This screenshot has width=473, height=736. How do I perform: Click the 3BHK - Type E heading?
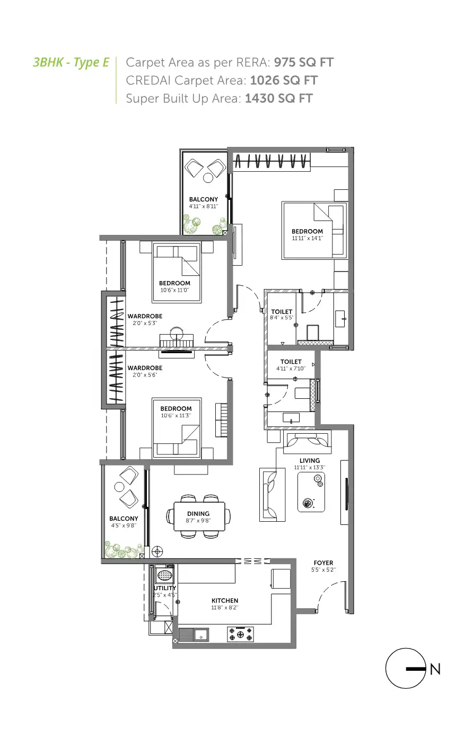coord(71,63)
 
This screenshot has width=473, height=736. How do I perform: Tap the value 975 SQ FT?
coord(304,63)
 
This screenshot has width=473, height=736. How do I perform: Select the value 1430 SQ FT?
coord(279,98)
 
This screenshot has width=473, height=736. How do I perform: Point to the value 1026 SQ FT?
coord(284,81)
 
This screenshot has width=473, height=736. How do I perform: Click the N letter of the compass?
coord(435,669)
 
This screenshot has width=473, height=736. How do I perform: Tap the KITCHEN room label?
coord(225,600)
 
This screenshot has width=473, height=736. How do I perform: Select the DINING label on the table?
coord(198,513)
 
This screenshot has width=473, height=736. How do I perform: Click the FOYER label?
coord(323,563)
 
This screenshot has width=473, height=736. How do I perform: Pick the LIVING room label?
coord(310,460)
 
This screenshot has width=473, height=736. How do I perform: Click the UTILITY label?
coord(165,588)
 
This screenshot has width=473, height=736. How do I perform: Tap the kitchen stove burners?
coord(240,634)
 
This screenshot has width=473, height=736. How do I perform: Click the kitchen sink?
coord(200,635)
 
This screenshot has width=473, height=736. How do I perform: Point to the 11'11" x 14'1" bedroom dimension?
coord(308,238)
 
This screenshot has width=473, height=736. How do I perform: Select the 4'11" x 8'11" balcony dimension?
coord(203,206)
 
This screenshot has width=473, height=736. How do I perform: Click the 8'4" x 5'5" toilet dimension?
coord(282,318)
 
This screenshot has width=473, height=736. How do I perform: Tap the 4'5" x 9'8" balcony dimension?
coord(124,525)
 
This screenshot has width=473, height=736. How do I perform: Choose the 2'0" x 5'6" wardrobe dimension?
coord(145,375)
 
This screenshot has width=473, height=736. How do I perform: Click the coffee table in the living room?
coord(311,492)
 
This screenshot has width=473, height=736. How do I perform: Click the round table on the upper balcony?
coord(208,178)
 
